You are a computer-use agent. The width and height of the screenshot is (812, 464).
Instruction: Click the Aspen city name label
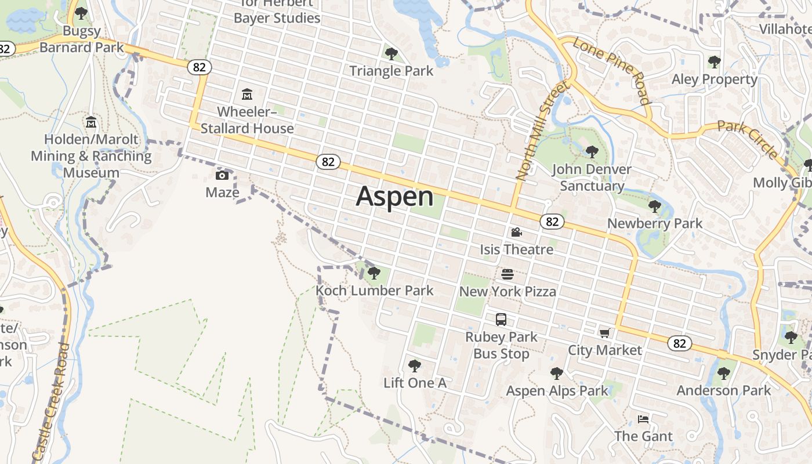click(x=394, y=197)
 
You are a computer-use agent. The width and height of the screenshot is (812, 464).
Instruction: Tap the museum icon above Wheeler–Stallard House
click(x=247, y=94)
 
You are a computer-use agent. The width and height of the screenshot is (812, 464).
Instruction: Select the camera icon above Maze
click(x=222, y=175)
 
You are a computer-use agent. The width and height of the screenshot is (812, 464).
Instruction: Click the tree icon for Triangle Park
click(x=391, y=54)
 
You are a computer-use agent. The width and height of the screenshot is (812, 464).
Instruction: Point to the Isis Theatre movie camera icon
click(x=516, y=233)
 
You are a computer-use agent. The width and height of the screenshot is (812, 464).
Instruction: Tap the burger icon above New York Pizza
click(x=507, y=274)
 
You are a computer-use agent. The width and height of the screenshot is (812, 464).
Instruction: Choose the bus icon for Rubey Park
click(x=501, y=319)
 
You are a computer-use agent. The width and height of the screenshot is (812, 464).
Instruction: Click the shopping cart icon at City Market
click(x=605, y=333)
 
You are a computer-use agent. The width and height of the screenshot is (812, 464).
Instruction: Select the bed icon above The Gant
click(x=643, y=419)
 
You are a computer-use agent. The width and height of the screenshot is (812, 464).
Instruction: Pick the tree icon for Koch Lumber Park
click(x=374, y=273)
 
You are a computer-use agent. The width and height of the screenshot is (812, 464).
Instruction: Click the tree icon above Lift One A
click(x=414, y=365)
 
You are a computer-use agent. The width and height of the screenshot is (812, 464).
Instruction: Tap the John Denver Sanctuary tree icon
click(x=592, y=152)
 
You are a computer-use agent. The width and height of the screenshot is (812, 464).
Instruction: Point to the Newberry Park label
click(x=655, y=223)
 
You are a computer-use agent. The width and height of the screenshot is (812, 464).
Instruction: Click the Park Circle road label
click(x=748, y=139)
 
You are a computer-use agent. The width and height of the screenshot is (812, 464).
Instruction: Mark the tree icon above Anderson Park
click(x=723, y=373)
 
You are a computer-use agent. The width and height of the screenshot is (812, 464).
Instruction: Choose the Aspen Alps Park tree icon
click(x=557, y=374)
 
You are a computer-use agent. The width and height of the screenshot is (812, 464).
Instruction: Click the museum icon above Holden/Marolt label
click(x=91, y=122)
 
